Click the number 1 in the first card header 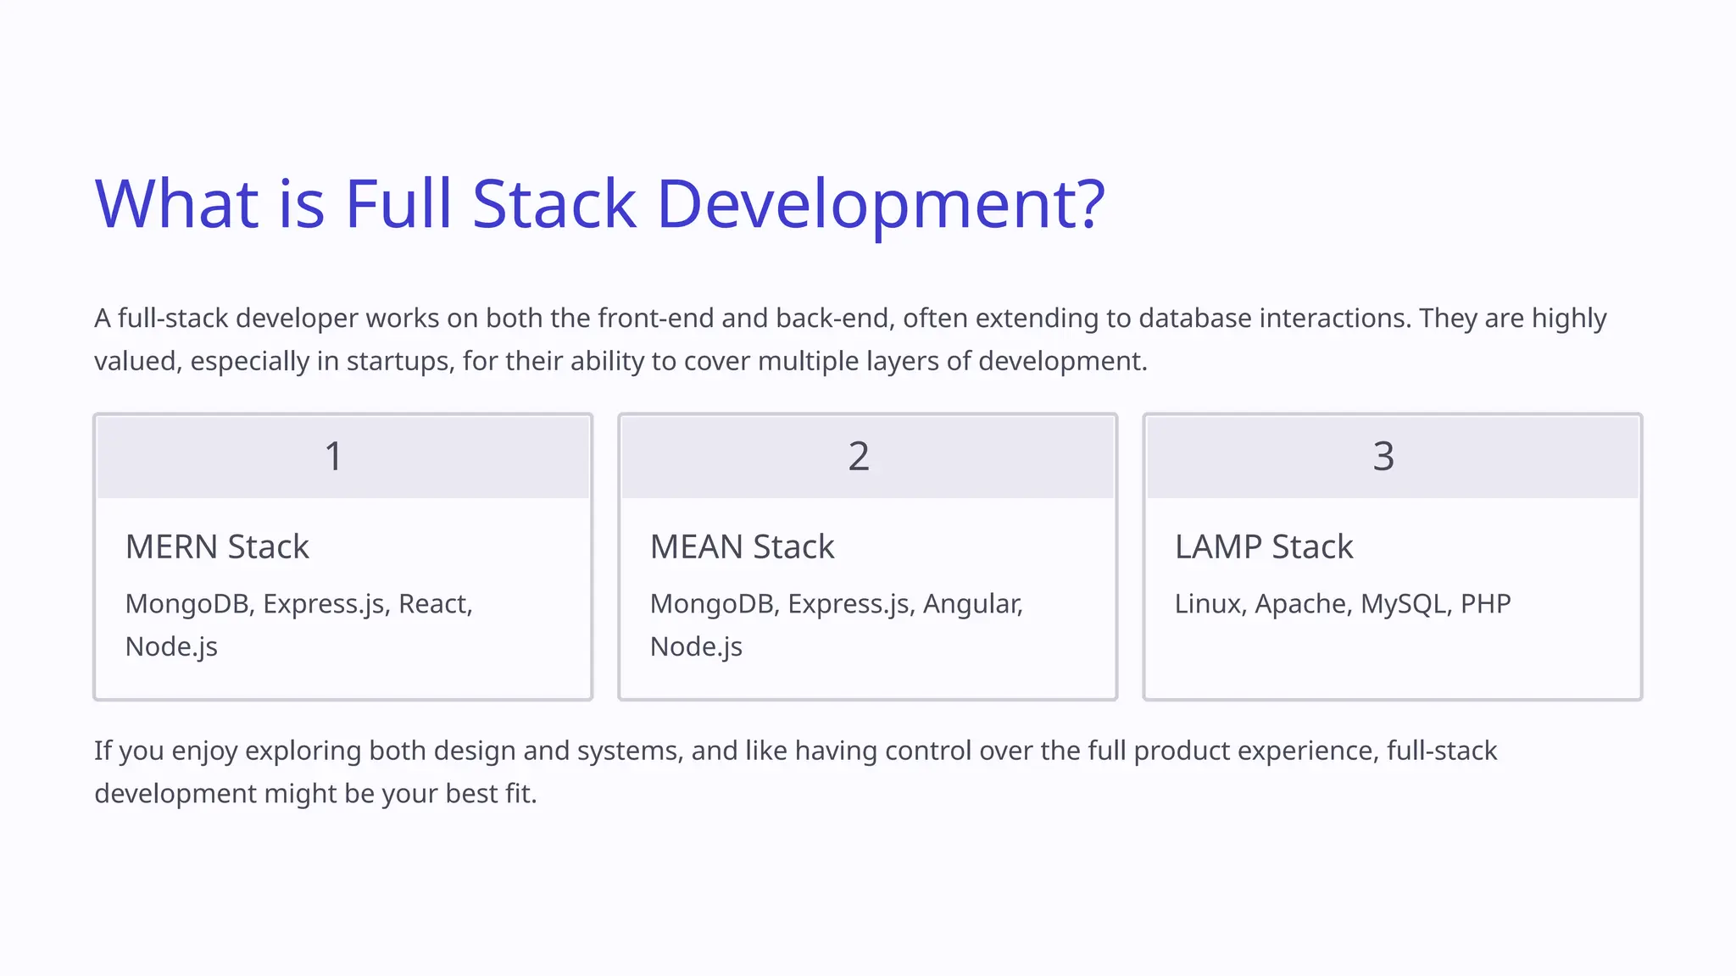click(334, 457)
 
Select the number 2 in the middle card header click(859, 457)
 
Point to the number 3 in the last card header click(1383, 457)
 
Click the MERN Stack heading click(217, 547)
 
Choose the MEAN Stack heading click(742, 547)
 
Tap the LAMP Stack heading click(1263, 547)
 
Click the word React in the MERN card click(433, 604)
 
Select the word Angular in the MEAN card click(971, 604)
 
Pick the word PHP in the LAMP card click(1485, 604)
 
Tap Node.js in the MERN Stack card click(171, 647)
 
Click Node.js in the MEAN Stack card click(696, 647)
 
